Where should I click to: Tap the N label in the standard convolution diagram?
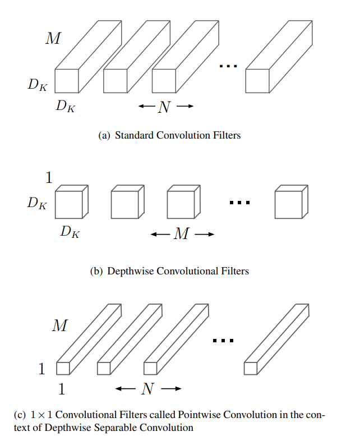point(164,107)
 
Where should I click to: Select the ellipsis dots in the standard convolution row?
point(228,66)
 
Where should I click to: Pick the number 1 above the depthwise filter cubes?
point(48,178)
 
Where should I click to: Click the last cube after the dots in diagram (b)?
point(288,204)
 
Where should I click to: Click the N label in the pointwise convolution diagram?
point(147,389)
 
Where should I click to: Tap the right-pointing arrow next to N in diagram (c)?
point(173,389)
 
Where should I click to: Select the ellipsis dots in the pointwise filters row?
point(223,341)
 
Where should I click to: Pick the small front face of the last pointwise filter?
point(251,368)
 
